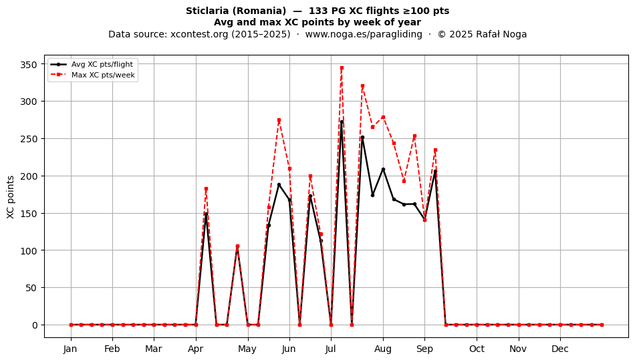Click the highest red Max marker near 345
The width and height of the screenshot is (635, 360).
pos(342,68)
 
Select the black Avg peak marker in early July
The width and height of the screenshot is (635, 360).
pos(342,122)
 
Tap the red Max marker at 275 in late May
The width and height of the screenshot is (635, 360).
pos(279,120)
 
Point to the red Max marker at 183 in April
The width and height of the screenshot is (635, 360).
pos(206,189)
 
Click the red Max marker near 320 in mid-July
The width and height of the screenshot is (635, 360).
pos(362,86)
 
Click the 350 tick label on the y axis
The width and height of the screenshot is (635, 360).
pos(29,65)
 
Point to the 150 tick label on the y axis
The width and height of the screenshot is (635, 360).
pos(29,214)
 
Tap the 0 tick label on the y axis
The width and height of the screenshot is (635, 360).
pos(35,325)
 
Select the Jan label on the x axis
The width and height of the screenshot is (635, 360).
pos(70,349)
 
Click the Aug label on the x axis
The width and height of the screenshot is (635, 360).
pos(383,349)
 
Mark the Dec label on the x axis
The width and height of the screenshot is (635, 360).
pos(560,349)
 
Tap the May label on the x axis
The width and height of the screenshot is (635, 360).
pos(247,349)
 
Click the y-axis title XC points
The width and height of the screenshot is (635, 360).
pos(11,197)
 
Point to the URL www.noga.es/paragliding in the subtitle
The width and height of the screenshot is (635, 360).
pos(364,34)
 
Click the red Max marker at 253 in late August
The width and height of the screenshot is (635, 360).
pos(414,136)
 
